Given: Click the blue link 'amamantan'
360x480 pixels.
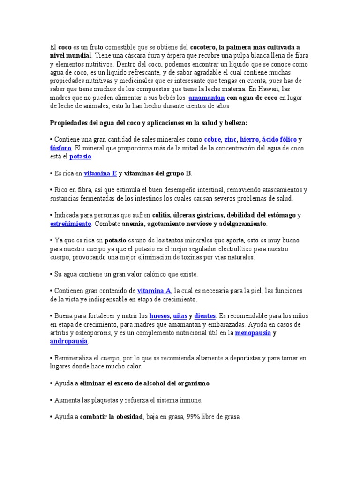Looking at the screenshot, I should coord(206,98).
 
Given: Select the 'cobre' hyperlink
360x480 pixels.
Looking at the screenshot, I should coord(212,140).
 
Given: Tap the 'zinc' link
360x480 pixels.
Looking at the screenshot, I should coord(230,140).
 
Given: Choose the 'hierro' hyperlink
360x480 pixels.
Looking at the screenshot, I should coord(249,140).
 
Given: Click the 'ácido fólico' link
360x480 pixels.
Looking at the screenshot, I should coord(279,140).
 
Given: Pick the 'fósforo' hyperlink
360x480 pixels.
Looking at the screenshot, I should coord(61,148).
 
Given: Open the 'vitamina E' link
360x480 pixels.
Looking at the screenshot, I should coord(100,173).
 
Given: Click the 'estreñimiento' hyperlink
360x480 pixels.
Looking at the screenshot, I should coord(70,224).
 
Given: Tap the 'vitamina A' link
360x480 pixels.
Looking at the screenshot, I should coord(154,291).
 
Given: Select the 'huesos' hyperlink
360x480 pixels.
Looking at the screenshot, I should coord(159,316).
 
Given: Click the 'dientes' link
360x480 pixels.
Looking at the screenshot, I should coord(204,316).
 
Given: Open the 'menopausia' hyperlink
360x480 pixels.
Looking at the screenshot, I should coord(252,333).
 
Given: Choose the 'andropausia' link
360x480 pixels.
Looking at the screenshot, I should coord(68,341).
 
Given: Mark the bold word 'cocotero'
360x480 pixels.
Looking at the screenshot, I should coord(204,47).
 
